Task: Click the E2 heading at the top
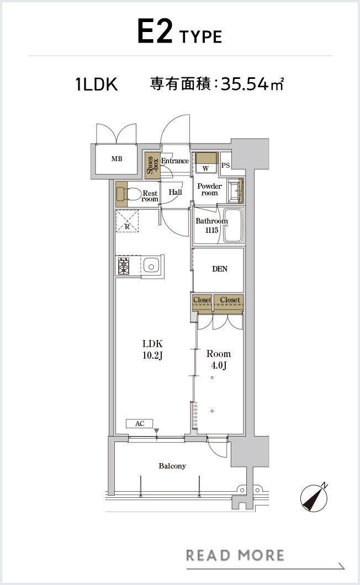point(155,32)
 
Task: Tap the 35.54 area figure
point(245,84)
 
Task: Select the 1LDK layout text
point(97,84)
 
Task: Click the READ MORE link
point(235,556)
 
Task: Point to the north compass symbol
point(314,497)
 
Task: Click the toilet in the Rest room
point(129,194)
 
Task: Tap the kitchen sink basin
point(151,266)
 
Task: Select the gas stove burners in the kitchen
point(124,266)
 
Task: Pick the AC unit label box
point(139,423)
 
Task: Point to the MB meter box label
point(117,158)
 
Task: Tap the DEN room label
point(220,269)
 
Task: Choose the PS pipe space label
point(226,165)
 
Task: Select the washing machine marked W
point(206,163)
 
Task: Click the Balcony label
point(172,466)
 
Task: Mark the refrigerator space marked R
point(128,222)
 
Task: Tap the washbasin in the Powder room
point(235,190)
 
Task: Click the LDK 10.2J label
point(152,349)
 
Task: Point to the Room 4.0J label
point(219,359)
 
